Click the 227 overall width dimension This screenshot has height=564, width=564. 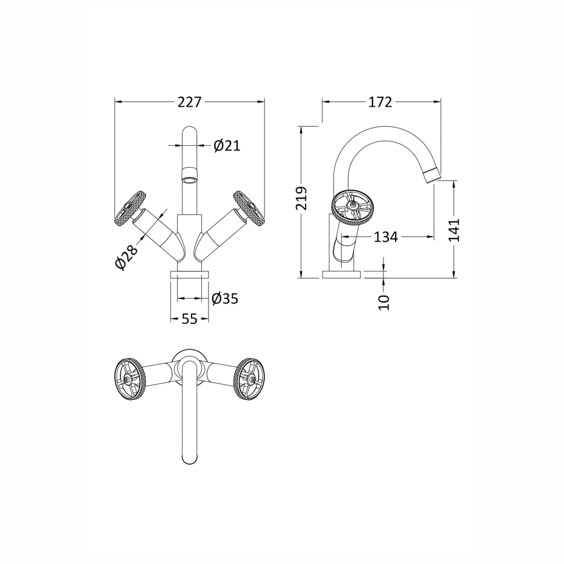click(x=190, y=102)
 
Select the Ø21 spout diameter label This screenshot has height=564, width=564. click(x=227, y=146)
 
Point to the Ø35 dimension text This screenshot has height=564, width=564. click(x=224, y=299)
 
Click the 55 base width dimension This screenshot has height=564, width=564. click(x=190, y=319)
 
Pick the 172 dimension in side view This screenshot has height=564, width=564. click(x=380, y=102)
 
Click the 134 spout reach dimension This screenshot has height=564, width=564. click(x=385, y=237)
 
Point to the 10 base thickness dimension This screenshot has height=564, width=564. click(x=384, y=301)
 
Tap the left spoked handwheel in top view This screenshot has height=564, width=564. click(x=130, y=379)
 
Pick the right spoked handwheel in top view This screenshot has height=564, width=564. click(x=249, y=379)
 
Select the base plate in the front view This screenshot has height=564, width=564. click(x=190, y=274)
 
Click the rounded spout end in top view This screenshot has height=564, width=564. click(x=190, y=457)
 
